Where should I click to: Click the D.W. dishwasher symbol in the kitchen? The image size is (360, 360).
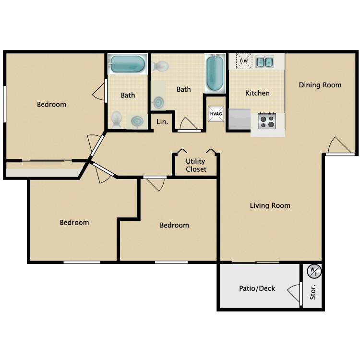(244, 60)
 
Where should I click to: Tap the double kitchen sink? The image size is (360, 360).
(264, 62)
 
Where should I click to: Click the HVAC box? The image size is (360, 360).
(216, 114)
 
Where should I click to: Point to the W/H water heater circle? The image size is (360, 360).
(313, 272)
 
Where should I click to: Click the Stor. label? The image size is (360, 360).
(313, 292)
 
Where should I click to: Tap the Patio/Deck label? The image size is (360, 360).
(257, 288)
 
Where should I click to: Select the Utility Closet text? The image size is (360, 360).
(196, 165)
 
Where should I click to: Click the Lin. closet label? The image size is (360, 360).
(162, 122)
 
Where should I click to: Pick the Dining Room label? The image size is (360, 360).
(320, 85)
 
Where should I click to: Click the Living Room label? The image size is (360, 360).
(270, 205)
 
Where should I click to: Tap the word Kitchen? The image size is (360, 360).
(257, 93)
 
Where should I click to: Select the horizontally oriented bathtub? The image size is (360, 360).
(127, 64)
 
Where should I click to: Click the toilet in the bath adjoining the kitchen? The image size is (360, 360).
(162, 66)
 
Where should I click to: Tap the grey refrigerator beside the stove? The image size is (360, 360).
(240, 120)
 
